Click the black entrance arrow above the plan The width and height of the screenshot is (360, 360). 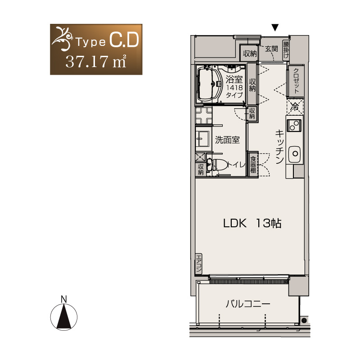tap(275, 27)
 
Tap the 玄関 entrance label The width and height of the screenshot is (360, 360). tap(271, 49)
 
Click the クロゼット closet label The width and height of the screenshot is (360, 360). tap(296, 81)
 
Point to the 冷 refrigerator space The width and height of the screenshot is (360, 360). tap(295, 107)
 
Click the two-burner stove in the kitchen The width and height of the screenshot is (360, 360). tap(294, 126)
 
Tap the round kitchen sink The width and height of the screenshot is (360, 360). tap(295, 154)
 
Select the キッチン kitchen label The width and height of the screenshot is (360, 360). tap(279, 146)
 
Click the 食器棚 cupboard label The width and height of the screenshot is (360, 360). tap(253, 164)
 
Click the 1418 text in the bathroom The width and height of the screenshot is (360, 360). tap(234, 87)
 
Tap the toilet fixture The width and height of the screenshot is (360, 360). tap(216, 165)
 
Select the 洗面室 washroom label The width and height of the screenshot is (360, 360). tap(227, 140)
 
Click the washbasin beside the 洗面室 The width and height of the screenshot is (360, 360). tap(203, 138)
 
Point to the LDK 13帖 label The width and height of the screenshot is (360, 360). tap(252, 223)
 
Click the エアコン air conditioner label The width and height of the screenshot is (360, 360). tap(198, 264)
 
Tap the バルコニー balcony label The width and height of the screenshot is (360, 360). tap(248, 304)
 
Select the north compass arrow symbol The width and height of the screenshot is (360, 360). tap(64, 317)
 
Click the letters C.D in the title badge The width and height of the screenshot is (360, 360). tap(124, 40)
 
